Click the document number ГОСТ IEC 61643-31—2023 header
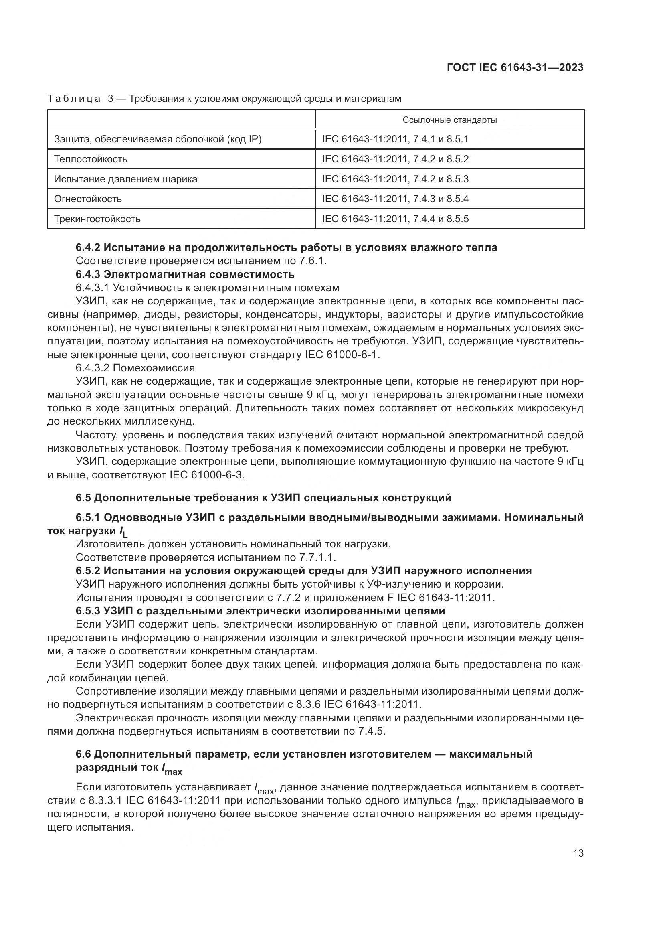[515, 67]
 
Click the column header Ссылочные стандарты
[449, 120]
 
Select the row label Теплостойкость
[91, 159]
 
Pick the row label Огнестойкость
[88, 199]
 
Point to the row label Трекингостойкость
[97, 219]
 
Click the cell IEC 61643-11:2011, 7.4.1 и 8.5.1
[395, 139]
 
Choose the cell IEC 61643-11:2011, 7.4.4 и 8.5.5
[395, 219]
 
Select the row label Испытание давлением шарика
[125, 179]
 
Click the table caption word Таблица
[74, 99]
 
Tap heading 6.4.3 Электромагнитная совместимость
[185, 274]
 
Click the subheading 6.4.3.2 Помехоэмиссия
[135, 368]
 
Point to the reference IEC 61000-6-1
[342, 355]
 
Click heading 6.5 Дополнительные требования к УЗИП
[263, 498]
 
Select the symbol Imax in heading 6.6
[172, 768]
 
